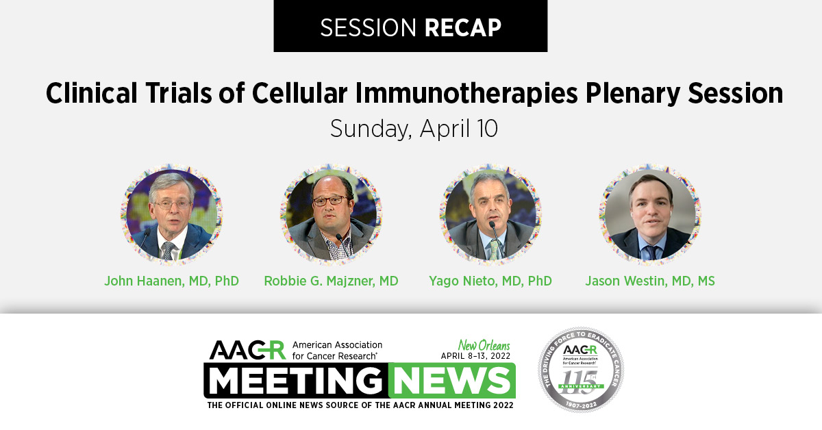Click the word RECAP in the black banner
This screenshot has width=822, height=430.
click(x=463, y=27)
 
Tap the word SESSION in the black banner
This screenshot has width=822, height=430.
click(x=369, y=27)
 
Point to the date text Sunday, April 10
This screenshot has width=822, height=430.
click(x=413, y=128)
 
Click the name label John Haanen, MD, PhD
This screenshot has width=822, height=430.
click(x=171, y=281)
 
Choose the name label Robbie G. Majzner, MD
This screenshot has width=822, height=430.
click(x=331, y=281)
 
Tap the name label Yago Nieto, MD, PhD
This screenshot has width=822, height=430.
click(x=490, y=281)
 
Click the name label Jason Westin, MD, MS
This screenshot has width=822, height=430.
click(x=650, y=281)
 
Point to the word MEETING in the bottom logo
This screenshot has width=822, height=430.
click(x=296, y=380)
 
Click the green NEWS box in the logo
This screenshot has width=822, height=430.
click(x=451, y=380)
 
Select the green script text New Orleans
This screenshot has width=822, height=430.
click(x=484, y=345)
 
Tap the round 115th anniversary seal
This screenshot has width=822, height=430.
click(x=581, y=369)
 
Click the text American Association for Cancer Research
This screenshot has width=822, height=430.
click(x=337, y=350)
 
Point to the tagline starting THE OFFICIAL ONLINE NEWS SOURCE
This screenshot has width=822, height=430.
click(x=360, y=405)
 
